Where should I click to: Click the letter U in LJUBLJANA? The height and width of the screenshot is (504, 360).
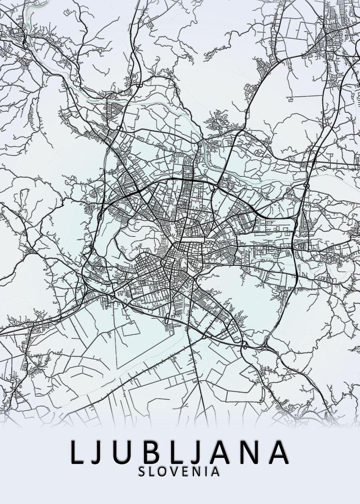[x=122, y=452]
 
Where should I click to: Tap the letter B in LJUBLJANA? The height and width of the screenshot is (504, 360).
[x=148, y=452]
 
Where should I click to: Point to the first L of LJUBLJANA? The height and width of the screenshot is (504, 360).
[x=78, y=452]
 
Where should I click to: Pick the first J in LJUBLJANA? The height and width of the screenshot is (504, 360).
[x=99, y=452]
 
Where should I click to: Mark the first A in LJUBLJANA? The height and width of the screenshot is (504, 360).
[x=218, y=452]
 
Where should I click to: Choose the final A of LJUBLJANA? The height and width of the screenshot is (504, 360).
[x=278, y=452]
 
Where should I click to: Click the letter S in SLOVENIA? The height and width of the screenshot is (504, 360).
[x=142, y=472]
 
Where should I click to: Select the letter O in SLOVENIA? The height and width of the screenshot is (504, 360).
[x=163, y=472]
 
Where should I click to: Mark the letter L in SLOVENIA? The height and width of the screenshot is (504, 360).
[x=152, y=472]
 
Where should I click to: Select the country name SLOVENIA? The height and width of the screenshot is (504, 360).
[x=179, y=472]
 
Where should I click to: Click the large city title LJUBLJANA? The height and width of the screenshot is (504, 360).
[x=179, y=452]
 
